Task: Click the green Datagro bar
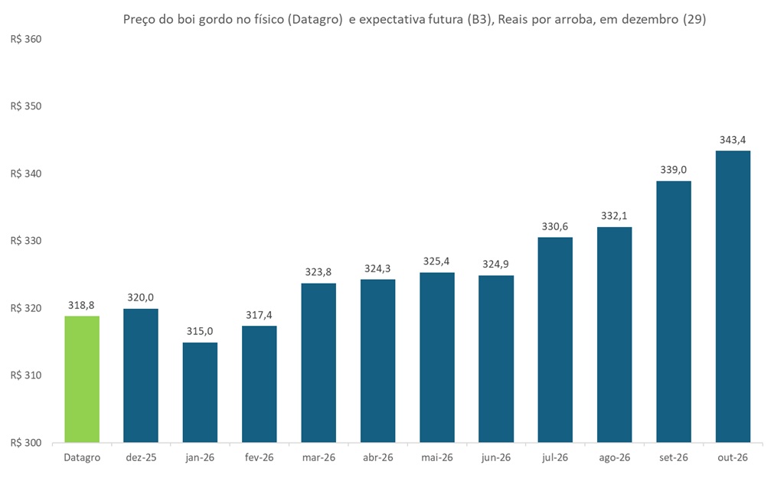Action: point(82,379)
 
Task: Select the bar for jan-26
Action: point(200,392)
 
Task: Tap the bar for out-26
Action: point(733,297)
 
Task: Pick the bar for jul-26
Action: point(555,340)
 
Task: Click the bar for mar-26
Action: point(318,362)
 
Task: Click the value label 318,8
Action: point(82,304)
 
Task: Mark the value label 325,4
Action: point(437,261)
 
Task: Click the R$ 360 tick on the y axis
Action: point(26,39)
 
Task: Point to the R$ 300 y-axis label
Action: point(26,443)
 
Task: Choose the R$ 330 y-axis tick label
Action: point(26,241)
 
